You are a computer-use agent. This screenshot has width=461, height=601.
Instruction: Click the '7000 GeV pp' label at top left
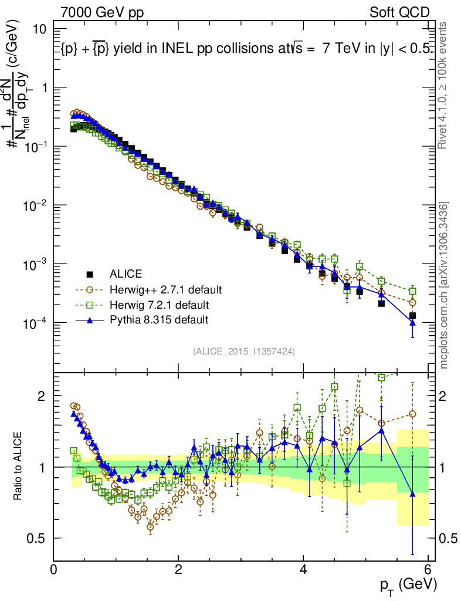pos(102,12)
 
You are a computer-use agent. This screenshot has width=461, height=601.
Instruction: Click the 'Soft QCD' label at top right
pos(398,12)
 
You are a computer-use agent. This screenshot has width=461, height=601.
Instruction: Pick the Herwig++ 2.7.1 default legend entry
pos(165,289)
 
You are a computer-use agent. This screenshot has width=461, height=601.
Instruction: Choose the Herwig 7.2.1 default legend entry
pos(159,305)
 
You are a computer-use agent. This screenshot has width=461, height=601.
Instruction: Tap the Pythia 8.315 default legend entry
pos(158,320)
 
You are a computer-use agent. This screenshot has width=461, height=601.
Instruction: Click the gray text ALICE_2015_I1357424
pos(243,351)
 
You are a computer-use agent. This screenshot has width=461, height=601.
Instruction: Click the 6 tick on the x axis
pos(428,568)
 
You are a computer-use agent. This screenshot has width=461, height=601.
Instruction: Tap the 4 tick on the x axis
pos(303,568)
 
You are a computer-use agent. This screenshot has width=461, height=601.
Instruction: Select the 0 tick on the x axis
pos(54,568)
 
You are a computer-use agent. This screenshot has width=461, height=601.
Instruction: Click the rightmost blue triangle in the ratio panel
pos(413,494)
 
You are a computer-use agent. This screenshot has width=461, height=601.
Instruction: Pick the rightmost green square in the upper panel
pos(413,291)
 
